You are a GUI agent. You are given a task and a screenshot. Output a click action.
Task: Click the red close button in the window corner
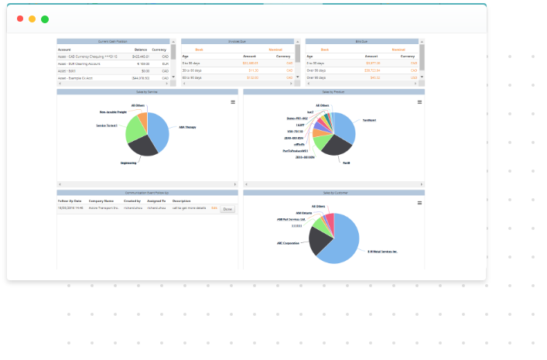[20, 19]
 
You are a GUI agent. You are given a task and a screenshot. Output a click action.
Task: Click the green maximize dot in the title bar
[45, 19]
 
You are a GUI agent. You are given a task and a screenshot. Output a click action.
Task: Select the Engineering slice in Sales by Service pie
[142, 145]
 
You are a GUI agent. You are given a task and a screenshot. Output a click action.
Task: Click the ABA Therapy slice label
[188, 127]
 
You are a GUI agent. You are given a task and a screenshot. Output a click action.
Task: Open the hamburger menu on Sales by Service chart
[233, 102]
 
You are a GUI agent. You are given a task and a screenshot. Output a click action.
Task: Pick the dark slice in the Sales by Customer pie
[320, 240]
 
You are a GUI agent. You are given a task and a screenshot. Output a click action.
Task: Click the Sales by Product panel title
[333, 91]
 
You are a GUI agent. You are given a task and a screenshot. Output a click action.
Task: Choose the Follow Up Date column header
[70, 201]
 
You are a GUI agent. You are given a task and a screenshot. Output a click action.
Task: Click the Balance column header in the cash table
[140, 49]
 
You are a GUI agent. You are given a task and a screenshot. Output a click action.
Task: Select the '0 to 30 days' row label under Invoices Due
[193, 63]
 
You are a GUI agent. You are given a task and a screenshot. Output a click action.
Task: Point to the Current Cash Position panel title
[114, 41]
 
